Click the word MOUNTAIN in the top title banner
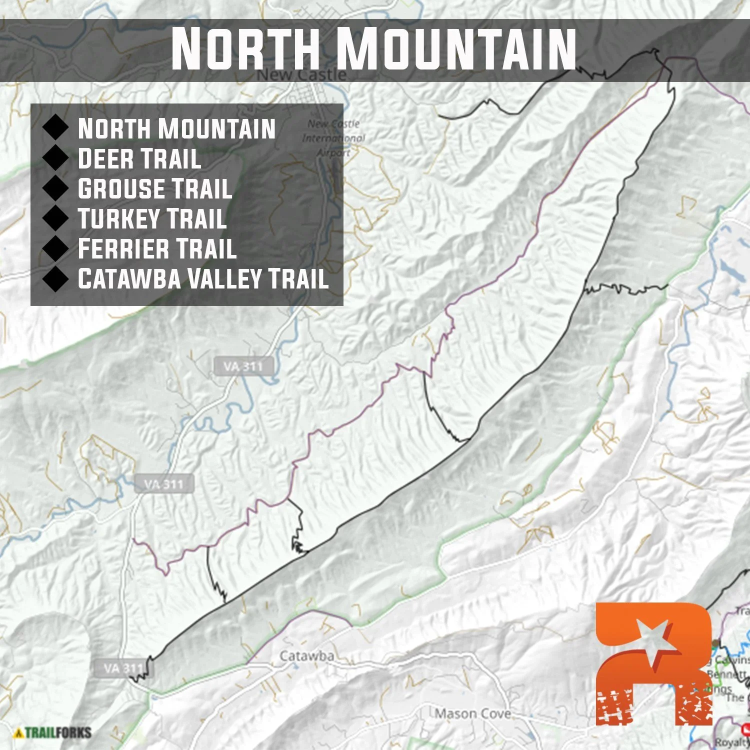[456, 49]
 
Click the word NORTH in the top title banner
[245, 49]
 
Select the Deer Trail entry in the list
[139, 159]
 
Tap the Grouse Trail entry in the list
[155, 189]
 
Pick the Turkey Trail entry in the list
[152, 219]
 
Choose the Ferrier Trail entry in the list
[157, 249]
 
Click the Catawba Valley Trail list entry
[203, 279]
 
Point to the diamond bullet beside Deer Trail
[55, 158]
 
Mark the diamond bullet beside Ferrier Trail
[55, 248]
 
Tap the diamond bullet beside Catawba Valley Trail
[55, 278]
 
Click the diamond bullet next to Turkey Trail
[55, 218]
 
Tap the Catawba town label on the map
[306, 655]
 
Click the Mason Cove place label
[472, 713]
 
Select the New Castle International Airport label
[334, 138]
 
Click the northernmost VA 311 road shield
[243, 366]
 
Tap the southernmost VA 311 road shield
[123, 668]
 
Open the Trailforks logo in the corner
[53, 733]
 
